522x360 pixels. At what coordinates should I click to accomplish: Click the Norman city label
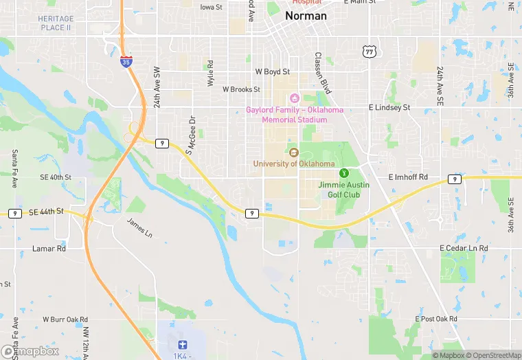[306, 15]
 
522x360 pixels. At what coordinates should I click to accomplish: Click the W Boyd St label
[273, 71]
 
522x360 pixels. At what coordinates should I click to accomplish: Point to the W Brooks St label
[241, 89]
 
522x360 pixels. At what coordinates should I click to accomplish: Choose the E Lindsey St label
[389, 108]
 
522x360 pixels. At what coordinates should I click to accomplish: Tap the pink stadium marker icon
[295, 97]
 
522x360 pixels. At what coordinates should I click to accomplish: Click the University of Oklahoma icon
[293, 153]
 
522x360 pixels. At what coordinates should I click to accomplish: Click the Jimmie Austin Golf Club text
[344, 189]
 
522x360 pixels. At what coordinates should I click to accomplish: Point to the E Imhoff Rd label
[408, 177]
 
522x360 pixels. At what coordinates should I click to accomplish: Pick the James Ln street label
[139, 227]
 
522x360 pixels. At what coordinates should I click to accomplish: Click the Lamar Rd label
[49, 248]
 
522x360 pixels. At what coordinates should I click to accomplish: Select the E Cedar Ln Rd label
[464, 248]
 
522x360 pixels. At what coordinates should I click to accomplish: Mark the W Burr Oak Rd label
[65, 319]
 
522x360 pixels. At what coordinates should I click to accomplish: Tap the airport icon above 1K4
[182, 344]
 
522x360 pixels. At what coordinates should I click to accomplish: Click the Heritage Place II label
[55, 23]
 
